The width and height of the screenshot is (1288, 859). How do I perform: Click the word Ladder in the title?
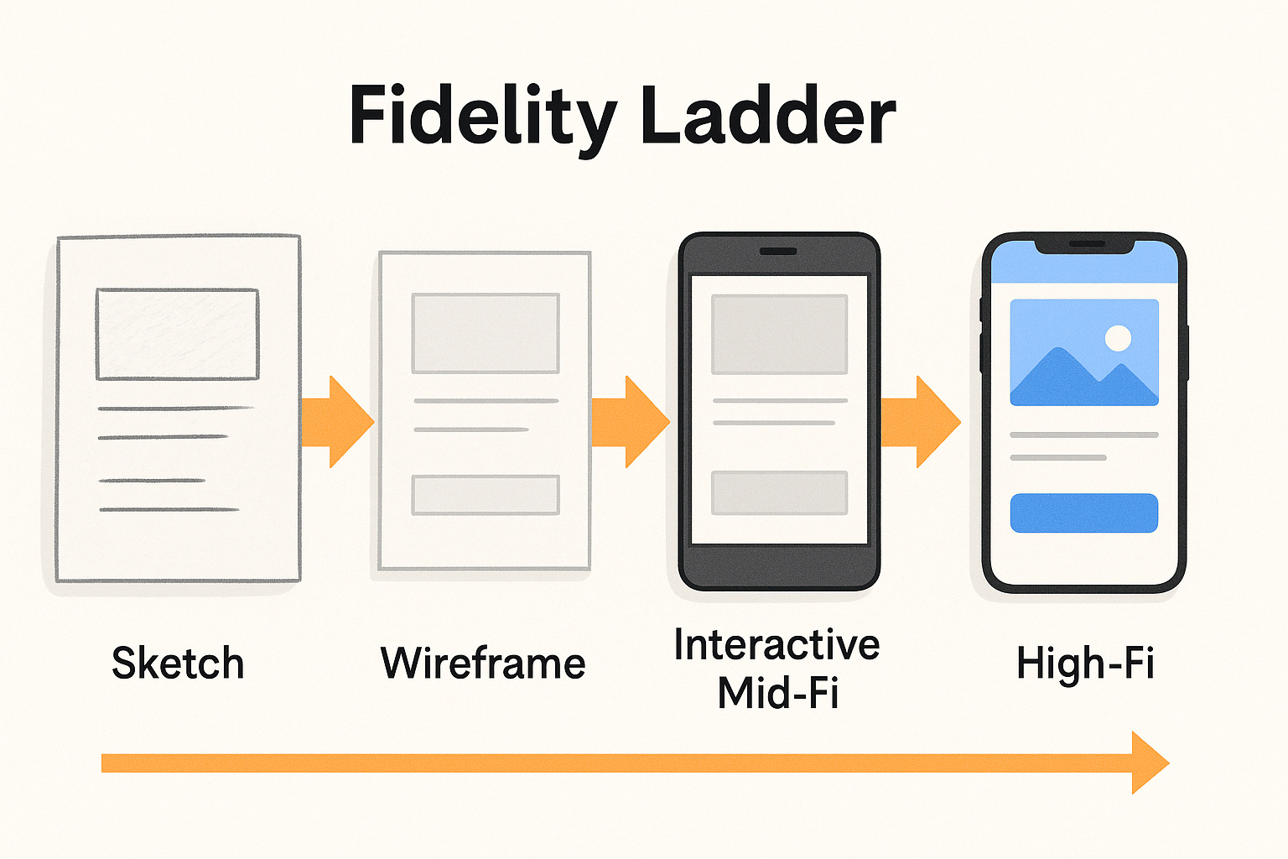coord(767,116)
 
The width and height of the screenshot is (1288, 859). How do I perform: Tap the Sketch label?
coord(178,664)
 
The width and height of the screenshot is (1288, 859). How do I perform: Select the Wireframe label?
coord(483,664)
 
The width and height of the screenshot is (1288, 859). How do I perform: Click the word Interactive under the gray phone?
coord(776,645)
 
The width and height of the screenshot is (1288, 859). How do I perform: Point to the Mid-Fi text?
coord(778,694)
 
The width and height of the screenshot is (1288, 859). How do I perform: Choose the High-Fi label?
coord(1085,664)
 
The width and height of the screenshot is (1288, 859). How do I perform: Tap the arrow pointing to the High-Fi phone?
coord(921,422)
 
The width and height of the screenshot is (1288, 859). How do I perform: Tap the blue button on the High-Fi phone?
coord(1083,513)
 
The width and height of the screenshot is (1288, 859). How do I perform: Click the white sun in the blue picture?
coord(1118,338)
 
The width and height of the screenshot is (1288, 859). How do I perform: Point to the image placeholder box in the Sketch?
coord(177,334)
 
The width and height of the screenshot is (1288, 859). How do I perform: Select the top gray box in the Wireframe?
coord(485,333)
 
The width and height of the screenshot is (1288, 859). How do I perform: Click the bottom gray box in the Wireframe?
coord(485,495)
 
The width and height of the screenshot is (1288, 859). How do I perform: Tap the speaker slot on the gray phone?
coord(778,251)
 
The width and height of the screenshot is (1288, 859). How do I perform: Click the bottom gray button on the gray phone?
coord(779,492)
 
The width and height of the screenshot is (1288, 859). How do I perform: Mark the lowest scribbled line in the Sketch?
coord(169,509)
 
